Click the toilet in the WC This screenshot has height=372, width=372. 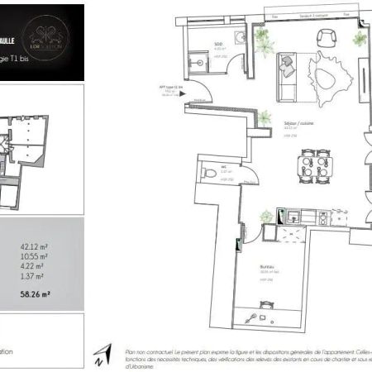[206, 172]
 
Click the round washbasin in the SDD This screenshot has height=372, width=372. [236, 36]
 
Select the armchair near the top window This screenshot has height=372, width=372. [322, 38]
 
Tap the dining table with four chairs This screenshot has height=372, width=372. [313, 166]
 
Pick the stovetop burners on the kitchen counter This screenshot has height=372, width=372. [318, 217]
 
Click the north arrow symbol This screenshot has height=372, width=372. [105, 355]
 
